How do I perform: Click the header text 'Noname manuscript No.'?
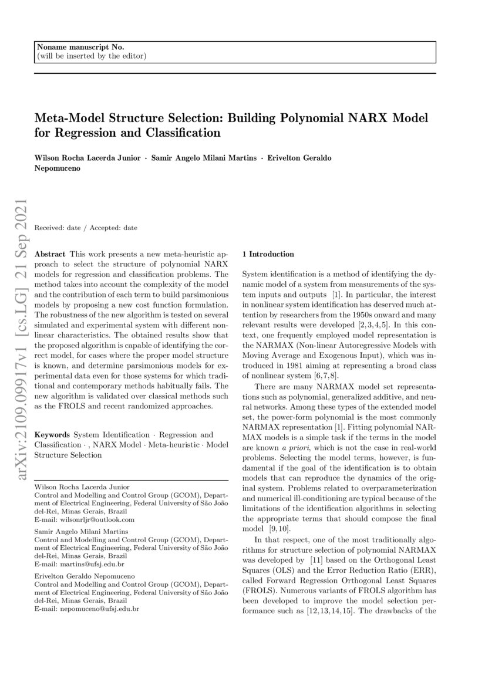tap(80, 47)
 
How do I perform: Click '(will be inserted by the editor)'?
tap(91, 56)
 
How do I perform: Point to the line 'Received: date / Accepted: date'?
tap(86, 227)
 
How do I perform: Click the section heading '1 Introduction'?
tap(268, 254)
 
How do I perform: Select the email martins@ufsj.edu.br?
tap(91, 565)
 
